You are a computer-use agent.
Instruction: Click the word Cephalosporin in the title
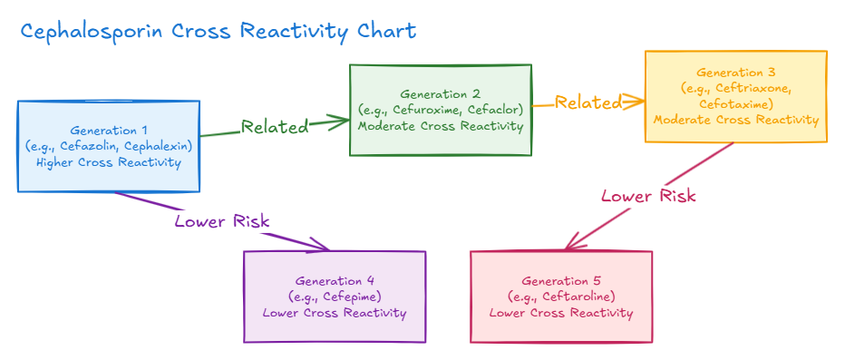point(92,31)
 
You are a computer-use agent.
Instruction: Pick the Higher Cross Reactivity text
point(108,162)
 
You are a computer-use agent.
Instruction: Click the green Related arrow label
point(275,127)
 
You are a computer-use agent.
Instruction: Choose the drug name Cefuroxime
point(422,111)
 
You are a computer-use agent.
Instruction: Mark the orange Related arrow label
point(588,102)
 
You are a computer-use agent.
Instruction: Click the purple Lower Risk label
point(222,221)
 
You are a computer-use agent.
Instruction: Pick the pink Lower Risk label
point(648,196)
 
